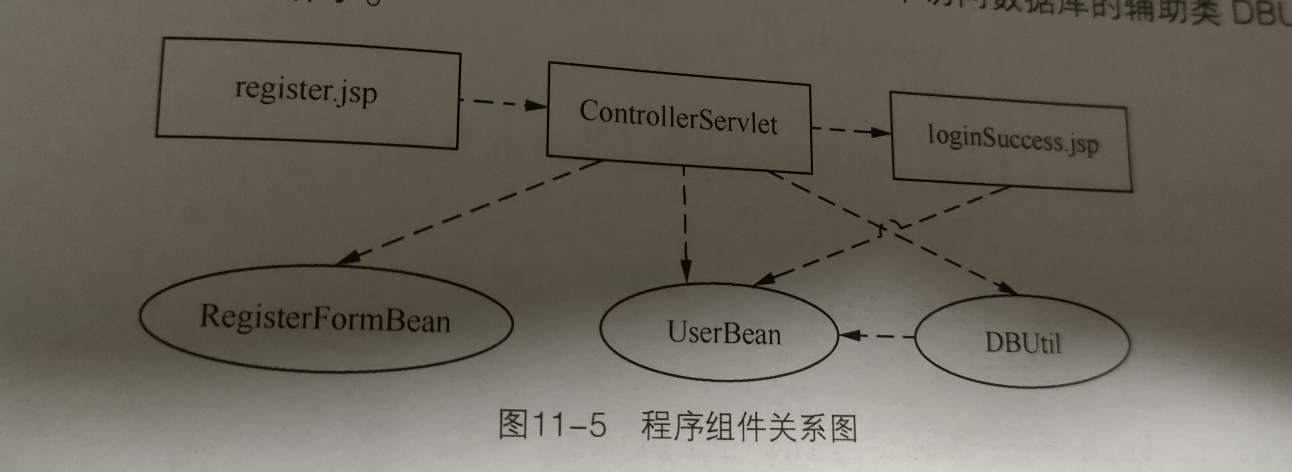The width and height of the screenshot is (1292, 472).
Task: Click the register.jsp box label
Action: tap(306, 91)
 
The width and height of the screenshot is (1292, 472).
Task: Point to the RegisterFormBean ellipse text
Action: tap(325, 319)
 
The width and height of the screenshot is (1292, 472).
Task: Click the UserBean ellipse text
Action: tap(724, 332)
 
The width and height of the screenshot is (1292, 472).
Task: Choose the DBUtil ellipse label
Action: tap(1023, 343)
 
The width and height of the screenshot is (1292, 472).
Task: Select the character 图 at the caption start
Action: tap(513, 424)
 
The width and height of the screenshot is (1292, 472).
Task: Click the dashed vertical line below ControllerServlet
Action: tap(685, 216)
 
